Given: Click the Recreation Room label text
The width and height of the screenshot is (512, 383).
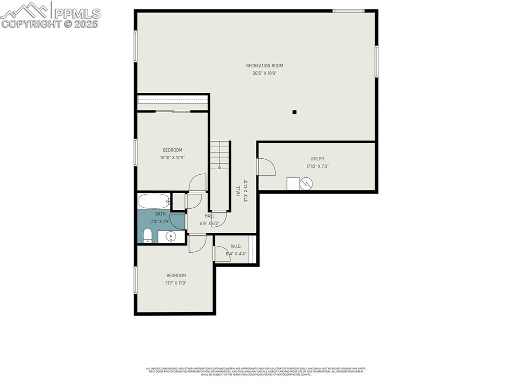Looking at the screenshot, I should click(x=264, y=66).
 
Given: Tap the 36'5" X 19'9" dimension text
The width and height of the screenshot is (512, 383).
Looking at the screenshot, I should click(x=264, y=73).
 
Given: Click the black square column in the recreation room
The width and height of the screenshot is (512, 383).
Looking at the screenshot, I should click(x=294, y=112).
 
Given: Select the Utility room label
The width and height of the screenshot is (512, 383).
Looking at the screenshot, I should click(x=317, y=159).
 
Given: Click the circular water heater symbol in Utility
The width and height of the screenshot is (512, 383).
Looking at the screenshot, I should click(x=306, y=184).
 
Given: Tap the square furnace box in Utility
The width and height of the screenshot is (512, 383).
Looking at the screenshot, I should click(x=293, y=184).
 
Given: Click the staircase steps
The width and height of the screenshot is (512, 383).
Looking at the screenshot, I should click(x=219, y=155).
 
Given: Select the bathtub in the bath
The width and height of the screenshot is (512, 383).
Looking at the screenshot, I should click(x=154, y=201).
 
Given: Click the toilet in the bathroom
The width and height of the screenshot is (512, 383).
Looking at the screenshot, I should click(x=147, y=235).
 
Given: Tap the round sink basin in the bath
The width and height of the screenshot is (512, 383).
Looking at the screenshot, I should click(x=171, y=237).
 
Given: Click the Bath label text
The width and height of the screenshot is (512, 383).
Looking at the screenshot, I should click(x=160, y=214).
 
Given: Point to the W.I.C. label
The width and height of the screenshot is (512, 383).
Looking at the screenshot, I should click(x=236, y=246).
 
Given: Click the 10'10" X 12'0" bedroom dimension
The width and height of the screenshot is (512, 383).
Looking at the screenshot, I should click(x=172, y=158).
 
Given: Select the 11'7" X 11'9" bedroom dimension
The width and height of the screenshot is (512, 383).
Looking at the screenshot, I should click(x=176, y=283).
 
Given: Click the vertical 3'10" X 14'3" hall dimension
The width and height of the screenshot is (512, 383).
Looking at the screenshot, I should click(x=245, y=191).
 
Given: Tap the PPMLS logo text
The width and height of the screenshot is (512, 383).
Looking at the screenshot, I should click(x=77, y=13).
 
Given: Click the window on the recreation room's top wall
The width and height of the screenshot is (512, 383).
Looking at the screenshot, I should click(x=348, y=10).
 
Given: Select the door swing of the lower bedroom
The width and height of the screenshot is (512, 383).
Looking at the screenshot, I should click(x=197, y=243).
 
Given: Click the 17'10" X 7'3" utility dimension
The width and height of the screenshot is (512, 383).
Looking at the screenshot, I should click(x=317, y=167).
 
